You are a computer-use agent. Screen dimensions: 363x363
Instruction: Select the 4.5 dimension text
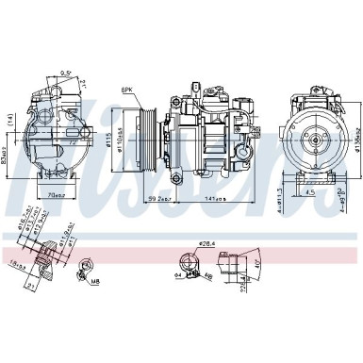tap(310, 196)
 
